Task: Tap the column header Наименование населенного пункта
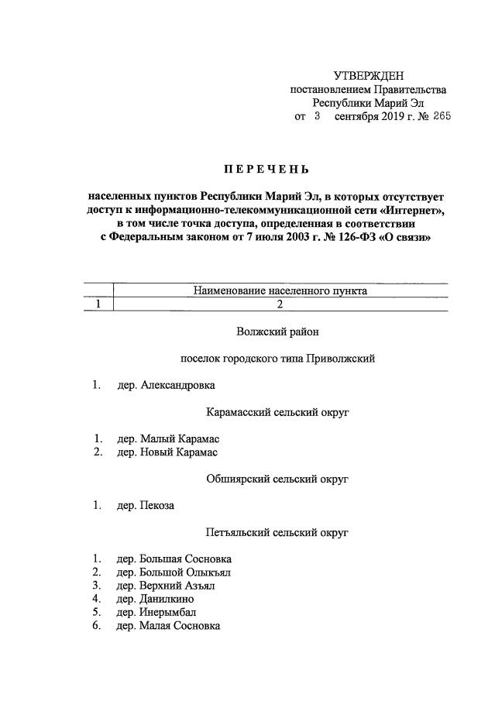coord(280,291)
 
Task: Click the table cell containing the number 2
coord(280,304)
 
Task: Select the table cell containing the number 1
coord(98,304)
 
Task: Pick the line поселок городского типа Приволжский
coord(278,359)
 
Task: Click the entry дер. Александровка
coord(166,385)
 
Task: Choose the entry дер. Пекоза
coord(146,506)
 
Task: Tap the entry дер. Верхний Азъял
coord(166,586)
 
